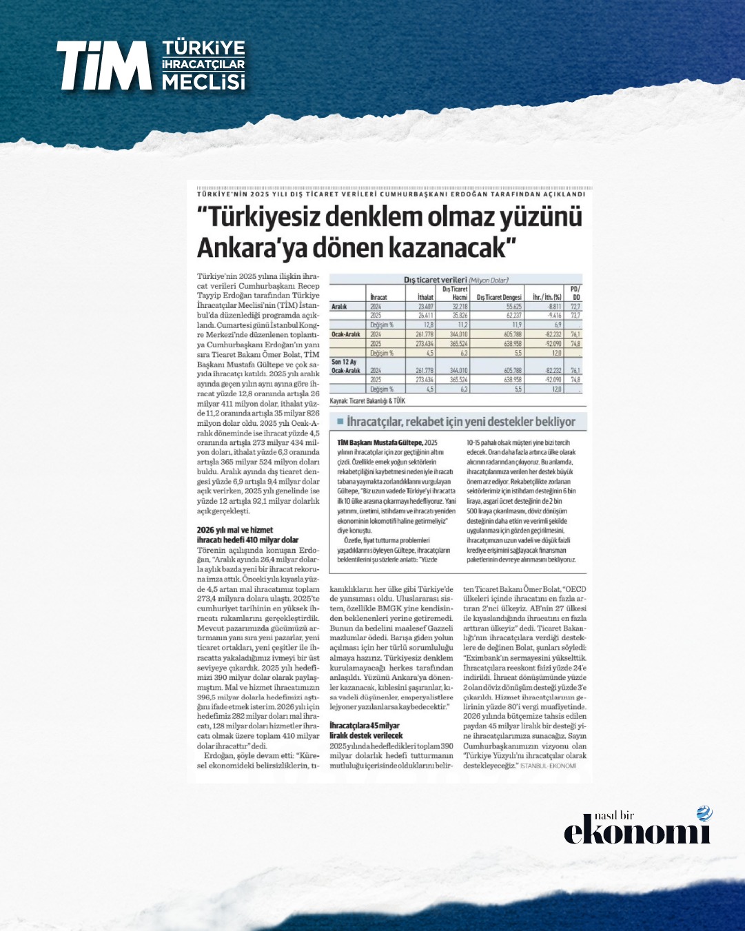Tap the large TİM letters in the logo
click(103, 65)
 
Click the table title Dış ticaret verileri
click(435, 280)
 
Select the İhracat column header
click(378, 297)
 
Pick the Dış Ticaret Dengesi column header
click(499, 297)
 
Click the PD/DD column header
click(575, 293)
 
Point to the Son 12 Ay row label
click(345, 362)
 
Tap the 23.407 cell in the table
click(425, 306)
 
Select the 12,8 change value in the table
click(427, 324)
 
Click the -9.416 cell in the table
click(553, 315)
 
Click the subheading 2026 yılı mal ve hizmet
click(235, 530)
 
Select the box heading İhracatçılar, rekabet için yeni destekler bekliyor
click(461, 422)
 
